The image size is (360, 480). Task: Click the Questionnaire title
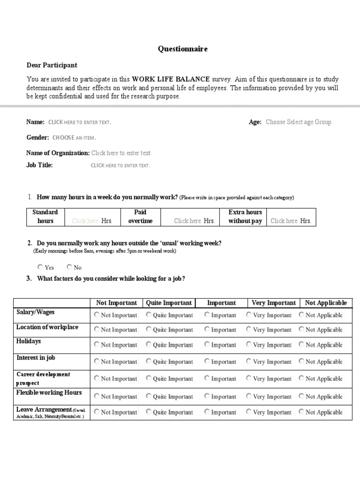(x=182, y=49)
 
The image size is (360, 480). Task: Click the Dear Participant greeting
(x=52, y=65)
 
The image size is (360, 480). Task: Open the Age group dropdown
(x=298, y=122)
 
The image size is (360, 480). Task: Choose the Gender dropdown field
(x=74, y=138)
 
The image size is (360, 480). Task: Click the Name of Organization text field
(x=121, y=153)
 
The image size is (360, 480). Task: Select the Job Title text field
(x=120, y=165)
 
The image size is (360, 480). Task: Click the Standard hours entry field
(x=85, y=221)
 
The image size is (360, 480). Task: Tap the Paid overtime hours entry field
(x=187, y=221)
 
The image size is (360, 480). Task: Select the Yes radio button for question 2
(x=40, y=267)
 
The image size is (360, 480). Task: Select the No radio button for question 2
(x=69, y=267)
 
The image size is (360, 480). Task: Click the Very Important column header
(x=274, y=303)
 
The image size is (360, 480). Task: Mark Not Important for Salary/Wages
(x=97, y=315)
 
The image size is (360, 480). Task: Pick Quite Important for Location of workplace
(x=149, y=330)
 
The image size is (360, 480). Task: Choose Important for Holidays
(x=207, y=345)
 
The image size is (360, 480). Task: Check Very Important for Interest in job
(x=249, y=361)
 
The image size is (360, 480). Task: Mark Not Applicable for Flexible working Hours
(x=301, y=396)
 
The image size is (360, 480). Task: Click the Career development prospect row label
(x=43, y=379)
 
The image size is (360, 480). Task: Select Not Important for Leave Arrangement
(x=97, y=412)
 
